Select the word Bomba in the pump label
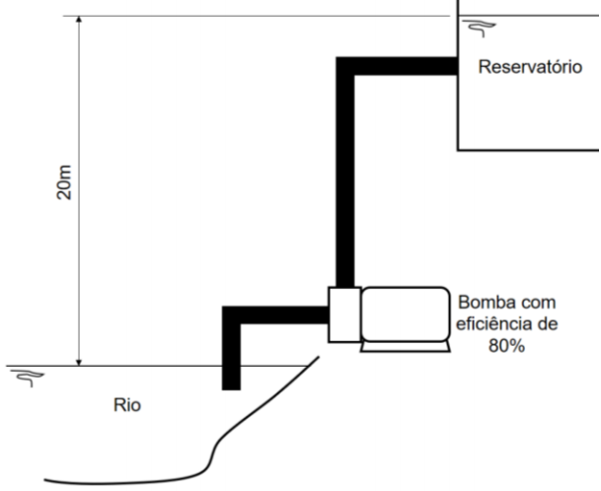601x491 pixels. coord(477,301)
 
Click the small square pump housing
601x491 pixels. coord(342,315)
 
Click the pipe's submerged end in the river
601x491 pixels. coord(231,383)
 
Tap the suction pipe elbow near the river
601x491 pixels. coord(232,316)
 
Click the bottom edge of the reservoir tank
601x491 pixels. coord(528,149)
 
